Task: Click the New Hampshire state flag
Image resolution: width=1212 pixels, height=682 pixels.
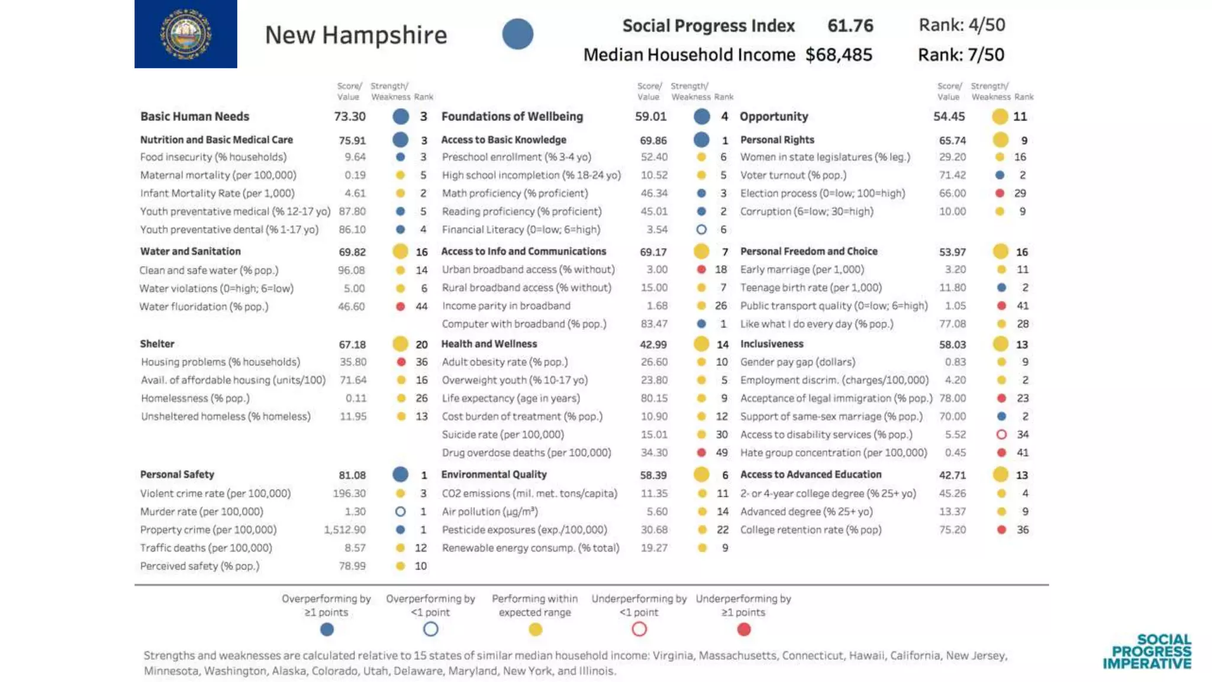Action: tap(185, 34)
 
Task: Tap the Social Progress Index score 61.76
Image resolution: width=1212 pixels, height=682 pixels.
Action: tap(850, 25)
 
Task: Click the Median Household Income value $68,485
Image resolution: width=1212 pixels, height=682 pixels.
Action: tap(839, 55)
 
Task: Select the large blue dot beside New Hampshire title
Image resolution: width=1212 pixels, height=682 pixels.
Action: tap(518, 34)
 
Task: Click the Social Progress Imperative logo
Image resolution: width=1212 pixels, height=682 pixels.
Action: tap(1147, 651)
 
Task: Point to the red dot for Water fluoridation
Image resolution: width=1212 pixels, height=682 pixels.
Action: tap(401, 307)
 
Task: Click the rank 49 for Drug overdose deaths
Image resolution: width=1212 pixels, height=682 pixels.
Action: tap(722, 453)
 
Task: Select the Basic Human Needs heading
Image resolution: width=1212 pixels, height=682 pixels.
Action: tap(195, 117)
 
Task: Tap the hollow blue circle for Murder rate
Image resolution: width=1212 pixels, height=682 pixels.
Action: tap(401, 511)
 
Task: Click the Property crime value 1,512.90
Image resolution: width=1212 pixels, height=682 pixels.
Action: tap(344, 530)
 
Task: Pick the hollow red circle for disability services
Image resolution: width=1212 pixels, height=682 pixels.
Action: tap(1001, 435)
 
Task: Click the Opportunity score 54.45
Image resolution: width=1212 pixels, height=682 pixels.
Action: tap(949, 117)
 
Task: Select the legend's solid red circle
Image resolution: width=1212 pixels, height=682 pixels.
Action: tap(744, 629)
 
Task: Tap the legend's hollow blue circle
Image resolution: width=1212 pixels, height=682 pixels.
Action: tap(431, 629)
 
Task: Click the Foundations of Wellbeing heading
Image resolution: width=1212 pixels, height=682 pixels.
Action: tap(512, 117)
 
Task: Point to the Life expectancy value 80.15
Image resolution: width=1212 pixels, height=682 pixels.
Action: tap(654, 398)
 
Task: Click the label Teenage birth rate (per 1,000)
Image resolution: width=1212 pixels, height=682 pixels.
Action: tap(811, 288)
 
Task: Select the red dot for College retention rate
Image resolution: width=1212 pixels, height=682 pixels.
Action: tap(1001, 530)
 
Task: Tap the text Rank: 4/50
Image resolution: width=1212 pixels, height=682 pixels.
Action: tap(962, 25)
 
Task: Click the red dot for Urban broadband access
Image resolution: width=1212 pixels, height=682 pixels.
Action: tap(701, 270)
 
